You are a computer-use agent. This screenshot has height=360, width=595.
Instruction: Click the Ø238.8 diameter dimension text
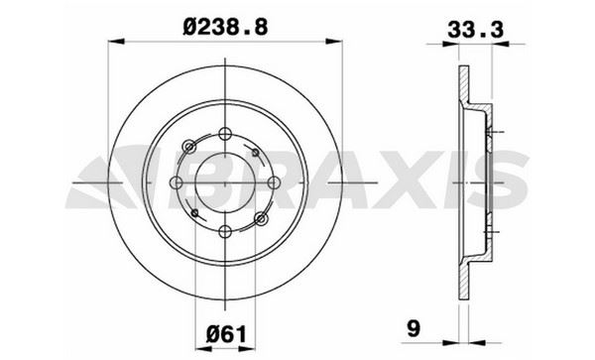225,28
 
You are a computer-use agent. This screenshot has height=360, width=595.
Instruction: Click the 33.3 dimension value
475,30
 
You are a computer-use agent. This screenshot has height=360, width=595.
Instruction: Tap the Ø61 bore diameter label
226,334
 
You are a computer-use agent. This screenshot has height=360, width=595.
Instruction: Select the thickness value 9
414,328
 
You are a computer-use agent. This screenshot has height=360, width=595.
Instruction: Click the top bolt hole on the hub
225,134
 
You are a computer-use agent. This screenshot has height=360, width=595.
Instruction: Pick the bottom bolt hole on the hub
225,231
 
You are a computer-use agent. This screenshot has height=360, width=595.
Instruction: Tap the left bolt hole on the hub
177,182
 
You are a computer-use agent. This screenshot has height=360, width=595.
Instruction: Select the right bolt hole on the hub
274,182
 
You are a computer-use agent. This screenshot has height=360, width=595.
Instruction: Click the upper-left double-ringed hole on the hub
189,147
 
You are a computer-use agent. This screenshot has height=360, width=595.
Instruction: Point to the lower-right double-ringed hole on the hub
261,218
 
